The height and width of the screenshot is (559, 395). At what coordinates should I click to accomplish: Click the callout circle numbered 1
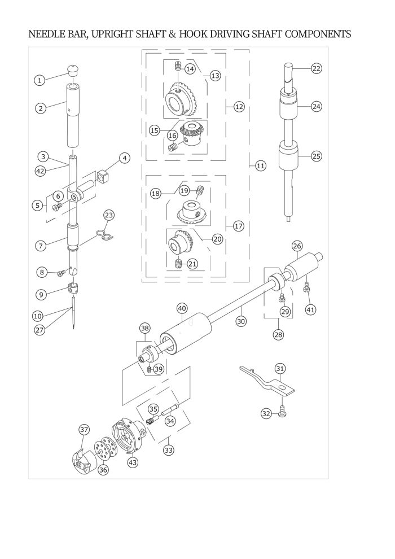(x=39, y=80)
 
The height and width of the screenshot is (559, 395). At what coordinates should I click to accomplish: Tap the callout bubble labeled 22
(x=317, y=68)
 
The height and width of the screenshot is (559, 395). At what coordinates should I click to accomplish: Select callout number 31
(x=280, y=368)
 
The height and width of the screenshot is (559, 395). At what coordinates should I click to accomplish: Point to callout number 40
(x=182, y=308)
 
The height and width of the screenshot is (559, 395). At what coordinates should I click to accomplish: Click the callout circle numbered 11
(x=260, y=166)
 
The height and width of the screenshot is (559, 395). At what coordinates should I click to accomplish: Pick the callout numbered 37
(x=84, y=430)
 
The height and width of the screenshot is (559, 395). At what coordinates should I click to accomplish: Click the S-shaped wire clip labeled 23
(x=105, y=235)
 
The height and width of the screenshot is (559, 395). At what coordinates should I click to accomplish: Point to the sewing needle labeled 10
(x=73, y=313)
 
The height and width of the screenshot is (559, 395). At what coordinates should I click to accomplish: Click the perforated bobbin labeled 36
(x=103, y=447)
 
